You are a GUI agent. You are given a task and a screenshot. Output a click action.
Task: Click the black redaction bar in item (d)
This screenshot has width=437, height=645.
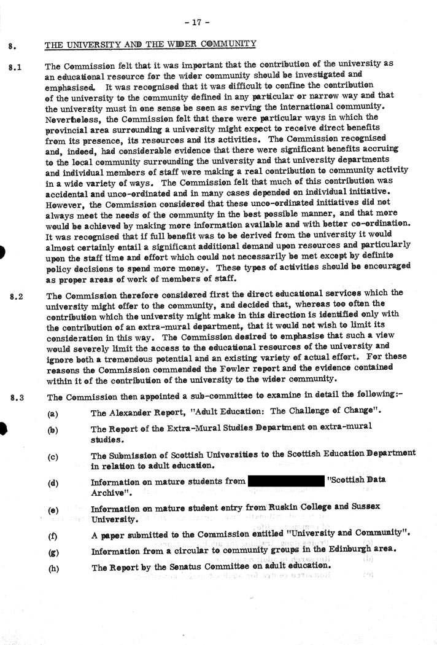[285, 480]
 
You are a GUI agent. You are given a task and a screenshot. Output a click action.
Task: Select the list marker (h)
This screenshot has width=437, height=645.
[53, 568]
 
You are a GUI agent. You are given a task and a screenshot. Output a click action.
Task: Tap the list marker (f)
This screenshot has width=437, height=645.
[52, 536]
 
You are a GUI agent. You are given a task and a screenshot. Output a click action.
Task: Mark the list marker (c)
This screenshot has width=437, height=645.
[53, 456]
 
